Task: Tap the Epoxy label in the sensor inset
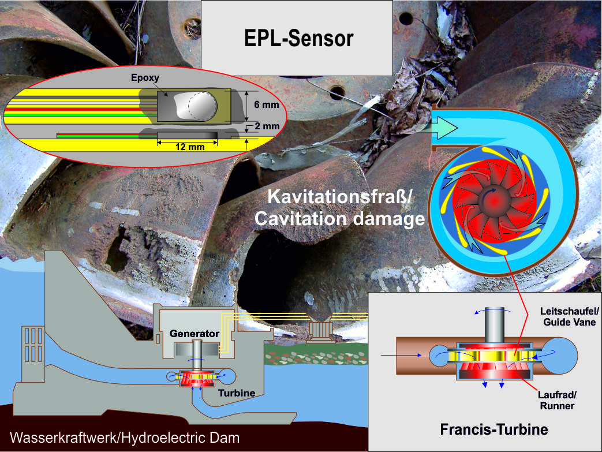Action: click(145, 77)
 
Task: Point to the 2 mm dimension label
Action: click(266, 126)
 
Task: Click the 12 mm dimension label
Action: click(189, 147)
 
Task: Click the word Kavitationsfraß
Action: click(339, 197)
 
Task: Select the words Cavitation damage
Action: click(339, 219)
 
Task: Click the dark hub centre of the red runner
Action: click(494, 200)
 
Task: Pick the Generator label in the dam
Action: click(194, 334)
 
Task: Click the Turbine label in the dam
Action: click(237, 393)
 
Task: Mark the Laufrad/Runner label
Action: click(557, 400)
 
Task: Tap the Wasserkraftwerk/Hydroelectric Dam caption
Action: click(125, 438)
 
